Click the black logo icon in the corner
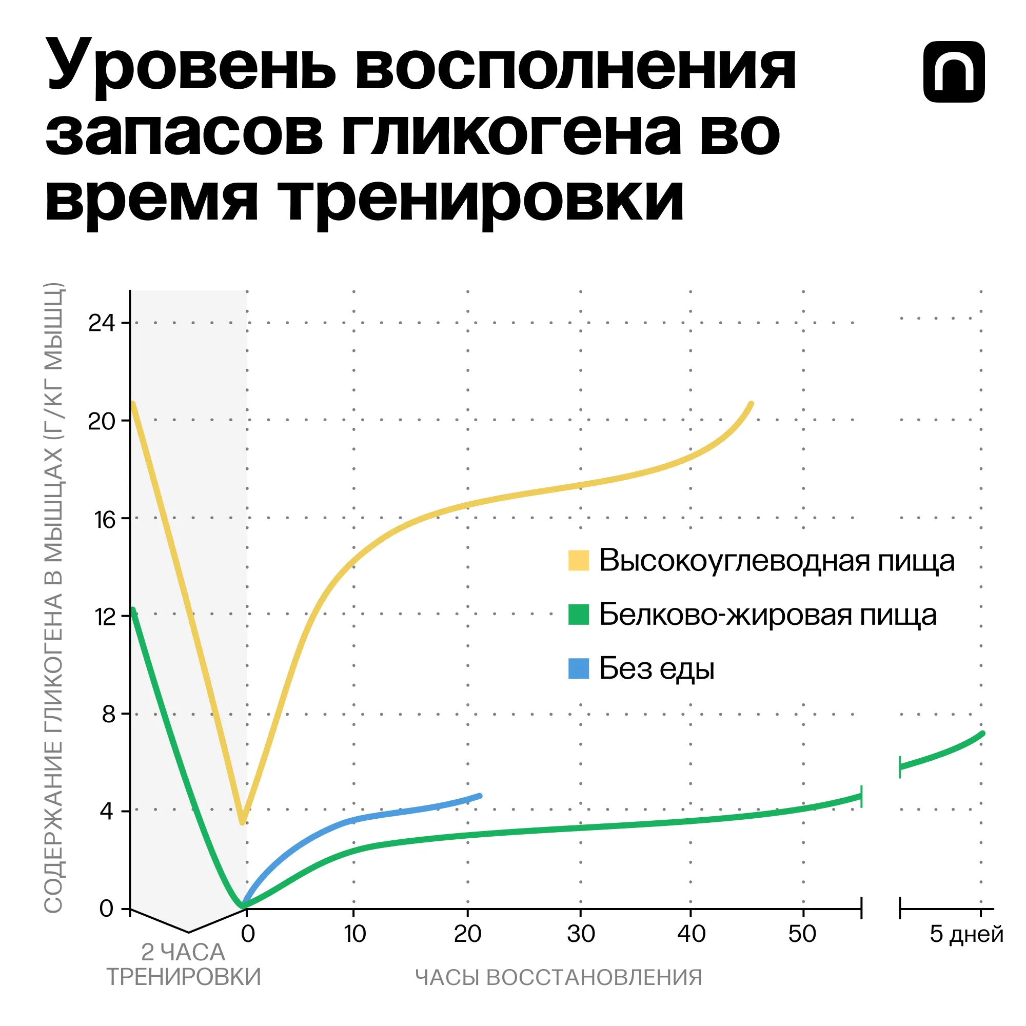[954, 72]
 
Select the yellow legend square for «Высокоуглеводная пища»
[578, 561]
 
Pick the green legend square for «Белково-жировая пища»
[578, 615]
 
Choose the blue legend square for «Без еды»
[578, 668]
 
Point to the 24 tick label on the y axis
[102, 323]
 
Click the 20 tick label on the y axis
[102, 421]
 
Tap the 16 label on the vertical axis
[105, 519]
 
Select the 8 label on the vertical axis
[108, 714]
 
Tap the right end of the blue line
[480, 796]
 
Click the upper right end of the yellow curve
[751, 404]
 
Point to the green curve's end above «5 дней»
[982, 734]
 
